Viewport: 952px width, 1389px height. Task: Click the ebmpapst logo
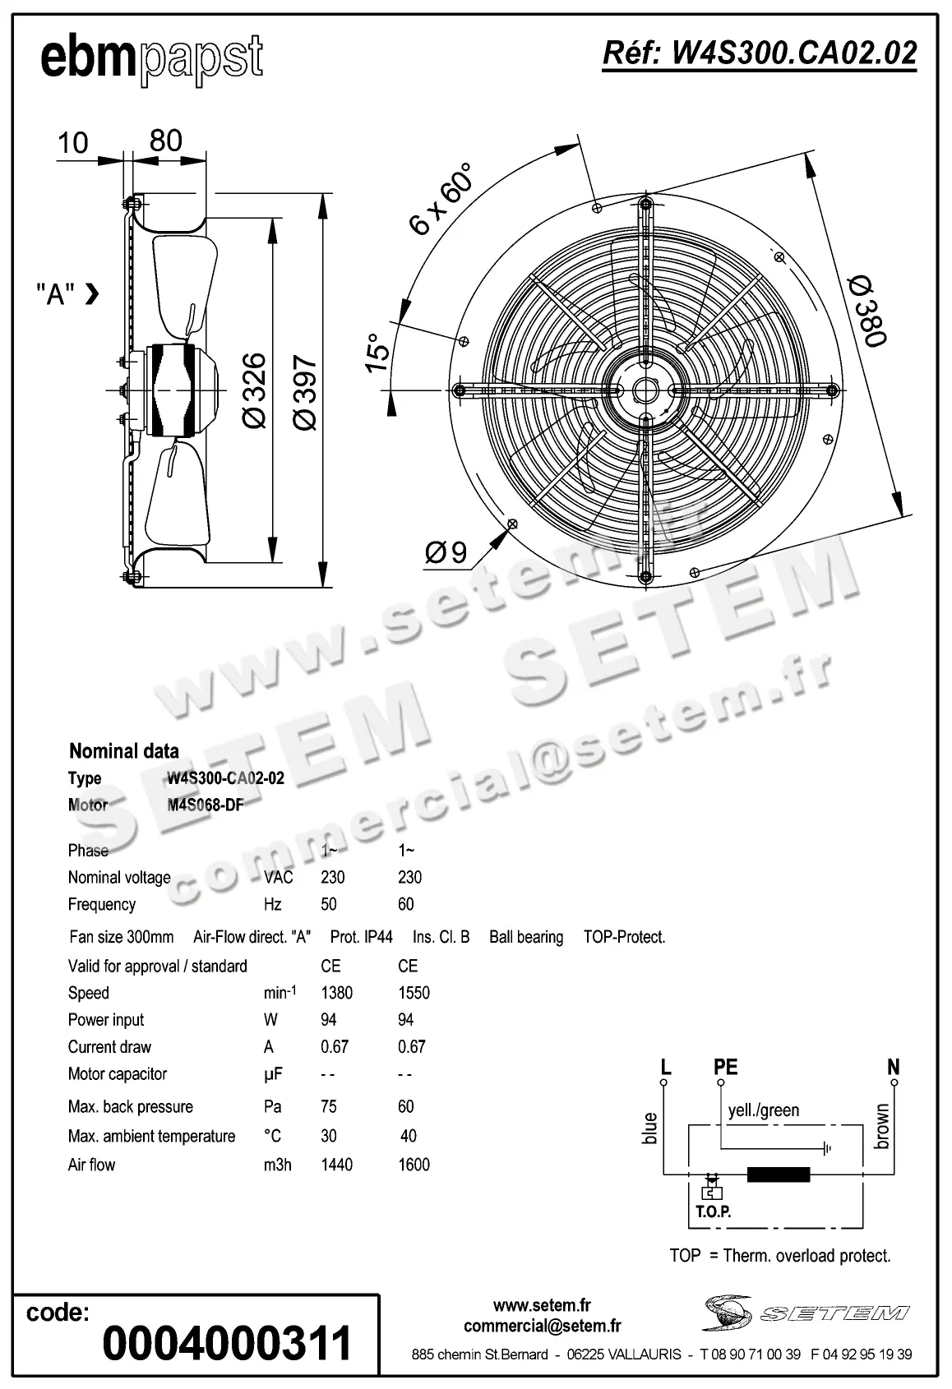coord(151,58)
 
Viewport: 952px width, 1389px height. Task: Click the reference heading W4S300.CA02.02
coord(760,53)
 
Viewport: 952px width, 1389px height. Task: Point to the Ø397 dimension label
coord(304,392)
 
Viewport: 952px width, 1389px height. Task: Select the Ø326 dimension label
coord(254,390)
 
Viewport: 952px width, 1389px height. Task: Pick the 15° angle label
coord(377,353)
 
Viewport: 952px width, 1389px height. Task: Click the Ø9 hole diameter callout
coord(446,553)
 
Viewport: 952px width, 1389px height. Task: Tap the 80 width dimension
coord(165,141)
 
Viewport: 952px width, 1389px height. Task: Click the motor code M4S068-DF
coord(206,805)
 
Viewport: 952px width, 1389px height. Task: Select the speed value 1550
coord(414,993)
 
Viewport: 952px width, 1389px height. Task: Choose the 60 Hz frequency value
coord(406,904)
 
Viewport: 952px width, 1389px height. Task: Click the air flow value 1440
coord(336,1165)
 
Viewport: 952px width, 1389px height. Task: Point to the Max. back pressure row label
coord(130,1106)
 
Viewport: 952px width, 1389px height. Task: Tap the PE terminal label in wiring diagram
coord(725,1067)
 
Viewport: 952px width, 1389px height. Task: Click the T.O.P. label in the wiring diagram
coord(713,1211)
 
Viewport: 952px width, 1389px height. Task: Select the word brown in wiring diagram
coord(882,1126)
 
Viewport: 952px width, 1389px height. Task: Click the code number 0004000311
coord(227,1342)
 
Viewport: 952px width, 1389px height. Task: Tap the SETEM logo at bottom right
coord(806,1313)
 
